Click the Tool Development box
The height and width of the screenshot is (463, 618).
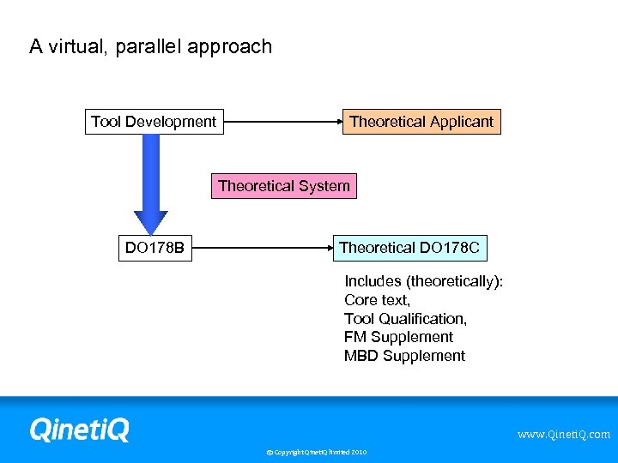coord(154,122)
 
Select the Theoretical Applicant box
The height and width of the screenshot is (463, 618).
coord(421,122)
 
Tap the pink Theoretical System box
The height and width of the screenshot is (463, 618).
coord(284,186)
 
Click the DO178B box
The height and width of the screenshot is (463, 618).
coord(154,249)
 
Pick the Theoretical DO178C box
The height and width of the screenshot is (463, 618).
coord(411,249)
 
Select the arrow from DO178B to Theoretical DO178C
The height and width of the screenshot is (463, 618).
coord(263,249)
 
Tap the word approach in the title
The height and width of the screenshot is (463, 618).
coord(233,47)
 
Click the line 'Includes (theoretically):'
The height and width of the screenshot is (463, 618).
coord(423,281)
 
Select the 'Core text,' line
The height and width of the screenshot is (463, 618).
coord(377,300)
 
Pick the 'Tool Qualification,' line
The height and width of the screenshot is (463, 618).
coord(405,319)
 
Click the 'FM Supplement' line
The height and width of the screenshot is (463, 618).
coord(398,337)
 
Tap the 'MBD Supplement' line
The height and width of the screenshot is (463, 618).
coord(404,356)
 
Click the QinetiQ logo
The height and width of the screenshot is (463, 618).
coord(79,429)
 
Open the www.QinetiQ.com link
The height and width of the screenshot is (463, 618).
coord(563,435)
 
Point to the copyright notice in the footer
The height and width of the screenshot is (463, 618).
coord(316,452)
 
